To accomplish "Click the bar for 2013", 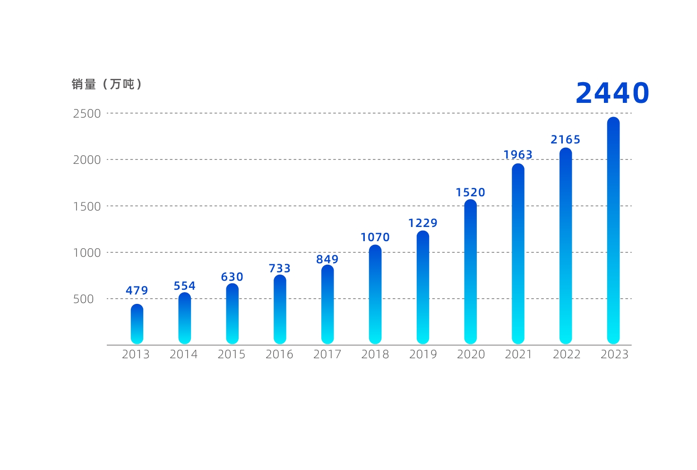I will pyautogui.click(x=137, y=324).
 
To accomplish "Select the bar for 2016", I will pyautogui.click(x=280, y=309).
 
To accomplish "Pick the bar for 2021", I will pyautogui.click(x=518, y=253).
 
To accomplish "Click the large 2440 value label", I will pyautogui.click(x=612, y=93).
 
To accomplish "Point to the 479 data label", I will pyautogui.click(x=137, y=291).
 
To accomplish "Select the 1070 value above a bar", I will pyautogui.click(x=375, y=237).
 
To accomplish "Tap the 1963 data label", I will pyautogui.click(x=518, y=155).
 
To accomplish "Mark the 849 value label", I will pyautogui.click(x=327, y=260).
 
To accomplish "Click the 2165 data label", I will pyautogui.click(x=566, y=140).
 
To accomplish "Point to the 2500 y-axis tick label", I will pyautogui.click(x=87, y=114).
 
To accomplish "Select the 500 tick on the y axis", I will pyautogui.click(x=84, y=299).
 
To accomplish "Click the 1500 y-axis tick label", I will pyautogui.click(x=87, y=207).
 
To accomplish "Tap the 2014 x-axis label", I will pyautogui.click(x=184, y=354).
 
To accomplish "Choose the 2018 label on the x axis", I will pyautogui.click(x=375, y=354).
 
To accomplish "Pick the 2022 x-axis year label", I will pyautogui.click(x=567, y=354).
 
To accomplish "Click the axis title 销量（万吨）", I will pyautogui.click(x=107, y=84).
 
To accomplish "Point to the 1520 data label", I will pyautogui.click(x=471, y=193).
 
